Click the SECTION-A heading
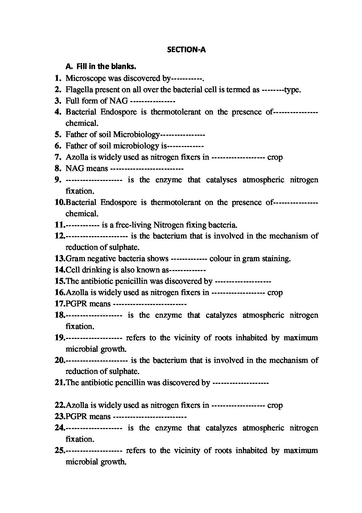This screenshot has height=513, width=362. [186, 50]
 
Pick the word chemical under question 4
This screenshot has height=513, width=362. [82, 123]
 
